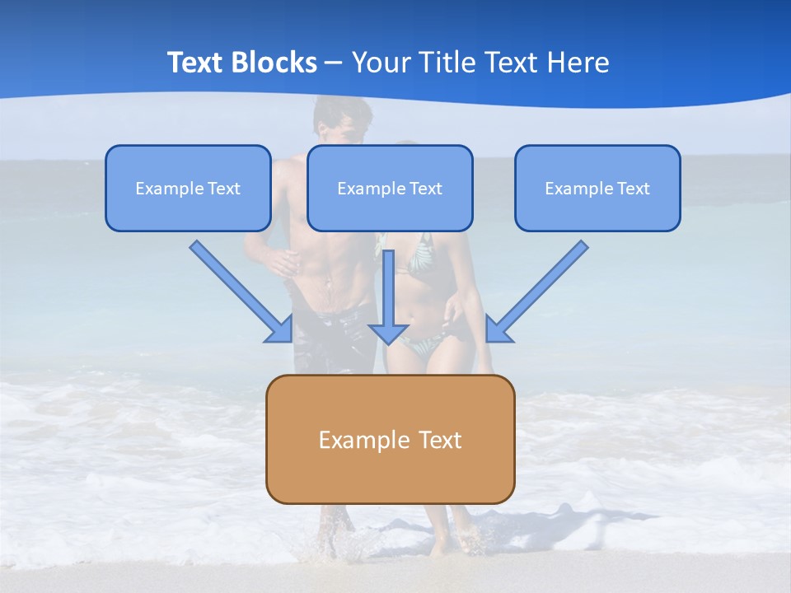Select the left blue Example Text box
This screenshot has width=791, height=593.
point(188,189)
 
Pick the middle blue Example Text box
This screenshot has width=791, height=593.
point(390,189)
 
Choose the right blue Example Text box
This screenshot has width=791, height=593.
point(597,189)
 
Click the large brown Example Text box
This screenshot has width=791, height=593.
point(390,439)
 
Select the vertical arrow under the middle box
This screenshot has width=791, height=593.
point(388,296)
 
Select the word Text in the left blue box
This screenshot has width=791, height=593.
point(223,189)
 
